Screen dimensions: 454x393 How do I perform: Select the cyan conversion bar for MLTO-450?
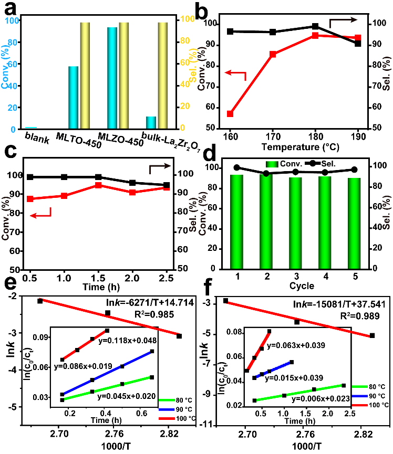[73, 97]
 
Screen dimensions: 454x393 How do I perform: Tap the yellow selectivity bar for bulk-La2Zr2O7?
[162, 75]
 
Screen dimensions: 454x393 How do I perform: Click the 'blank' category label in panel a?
[37, 139]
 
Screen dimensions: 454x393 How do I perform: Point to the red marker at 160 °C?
[230, 114]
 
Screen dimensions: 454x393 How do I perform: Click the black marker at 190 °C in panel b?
[358, 44]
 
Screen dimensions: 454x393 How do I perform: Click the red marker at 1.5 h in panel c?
[99, 185]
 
